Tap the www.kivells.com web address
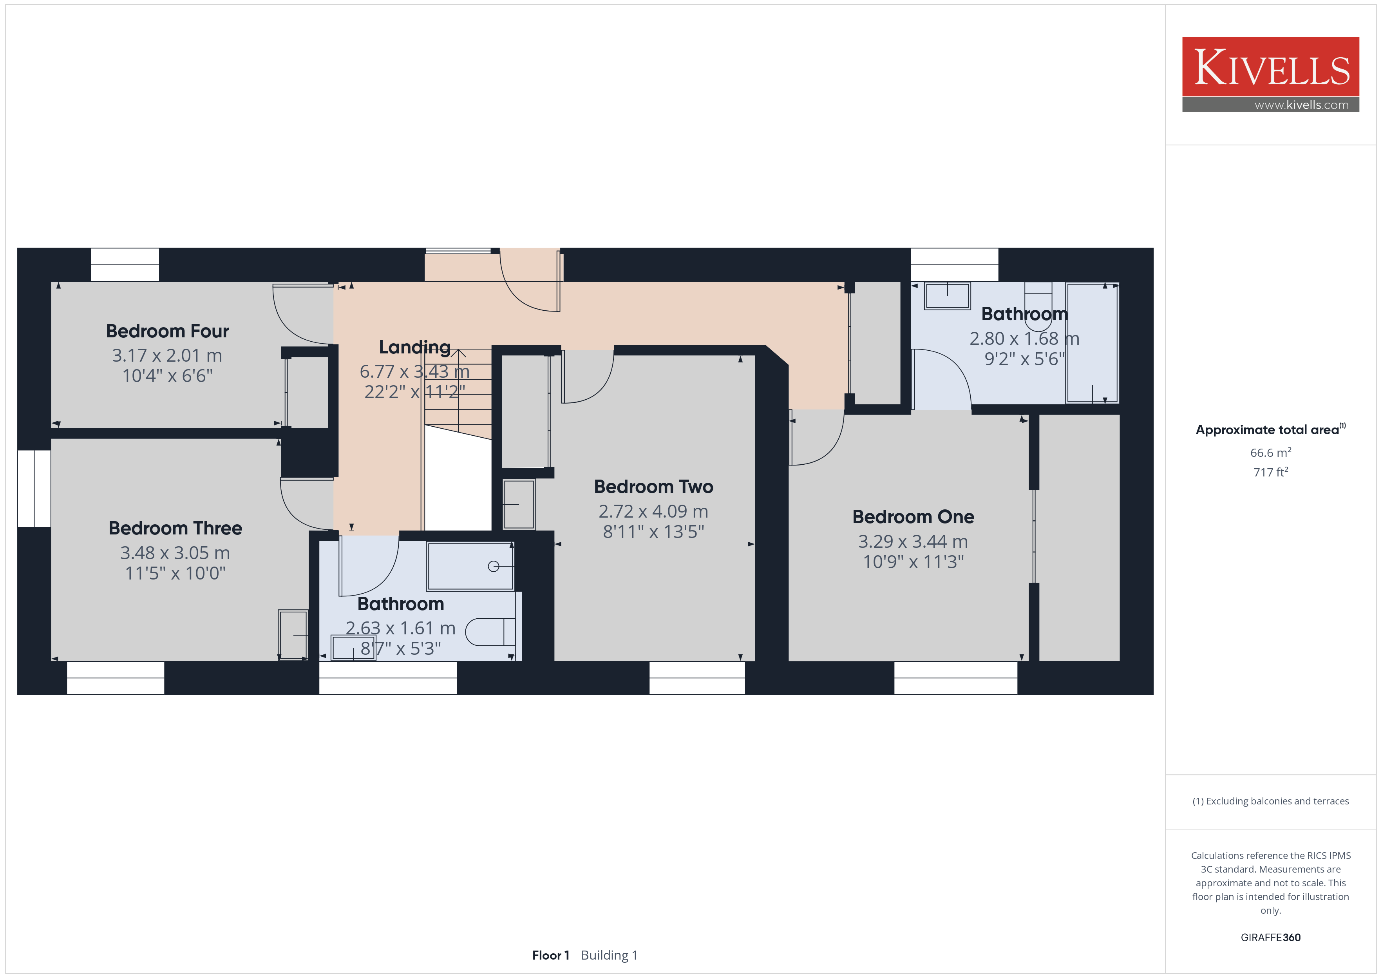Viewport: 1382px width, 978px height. point(1301,105)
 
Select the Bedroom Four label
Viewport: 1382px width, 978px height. point(167,331)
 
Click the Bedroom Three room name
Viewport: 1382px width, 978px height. point(175,528)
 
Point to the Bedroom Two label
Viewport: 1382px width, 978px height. point(654,487)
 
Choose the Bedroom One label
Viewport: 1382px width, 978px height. point(913,517)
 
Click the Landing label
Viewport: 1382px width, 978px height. point(415,348)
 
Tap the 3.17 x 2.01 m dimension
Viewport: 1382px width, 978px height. point(167,355)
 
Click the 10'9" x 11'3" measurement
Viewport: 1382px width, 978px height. point(913,562)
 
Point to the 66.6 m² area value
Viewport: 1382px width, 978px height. point(1271,452)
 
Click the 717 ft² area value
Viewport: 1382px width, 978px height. point(1271,472)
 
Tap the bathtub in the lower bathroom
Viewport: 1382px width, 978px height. point(470,566)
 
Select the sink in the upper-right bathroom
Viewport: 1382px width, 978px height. point(948,296)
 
